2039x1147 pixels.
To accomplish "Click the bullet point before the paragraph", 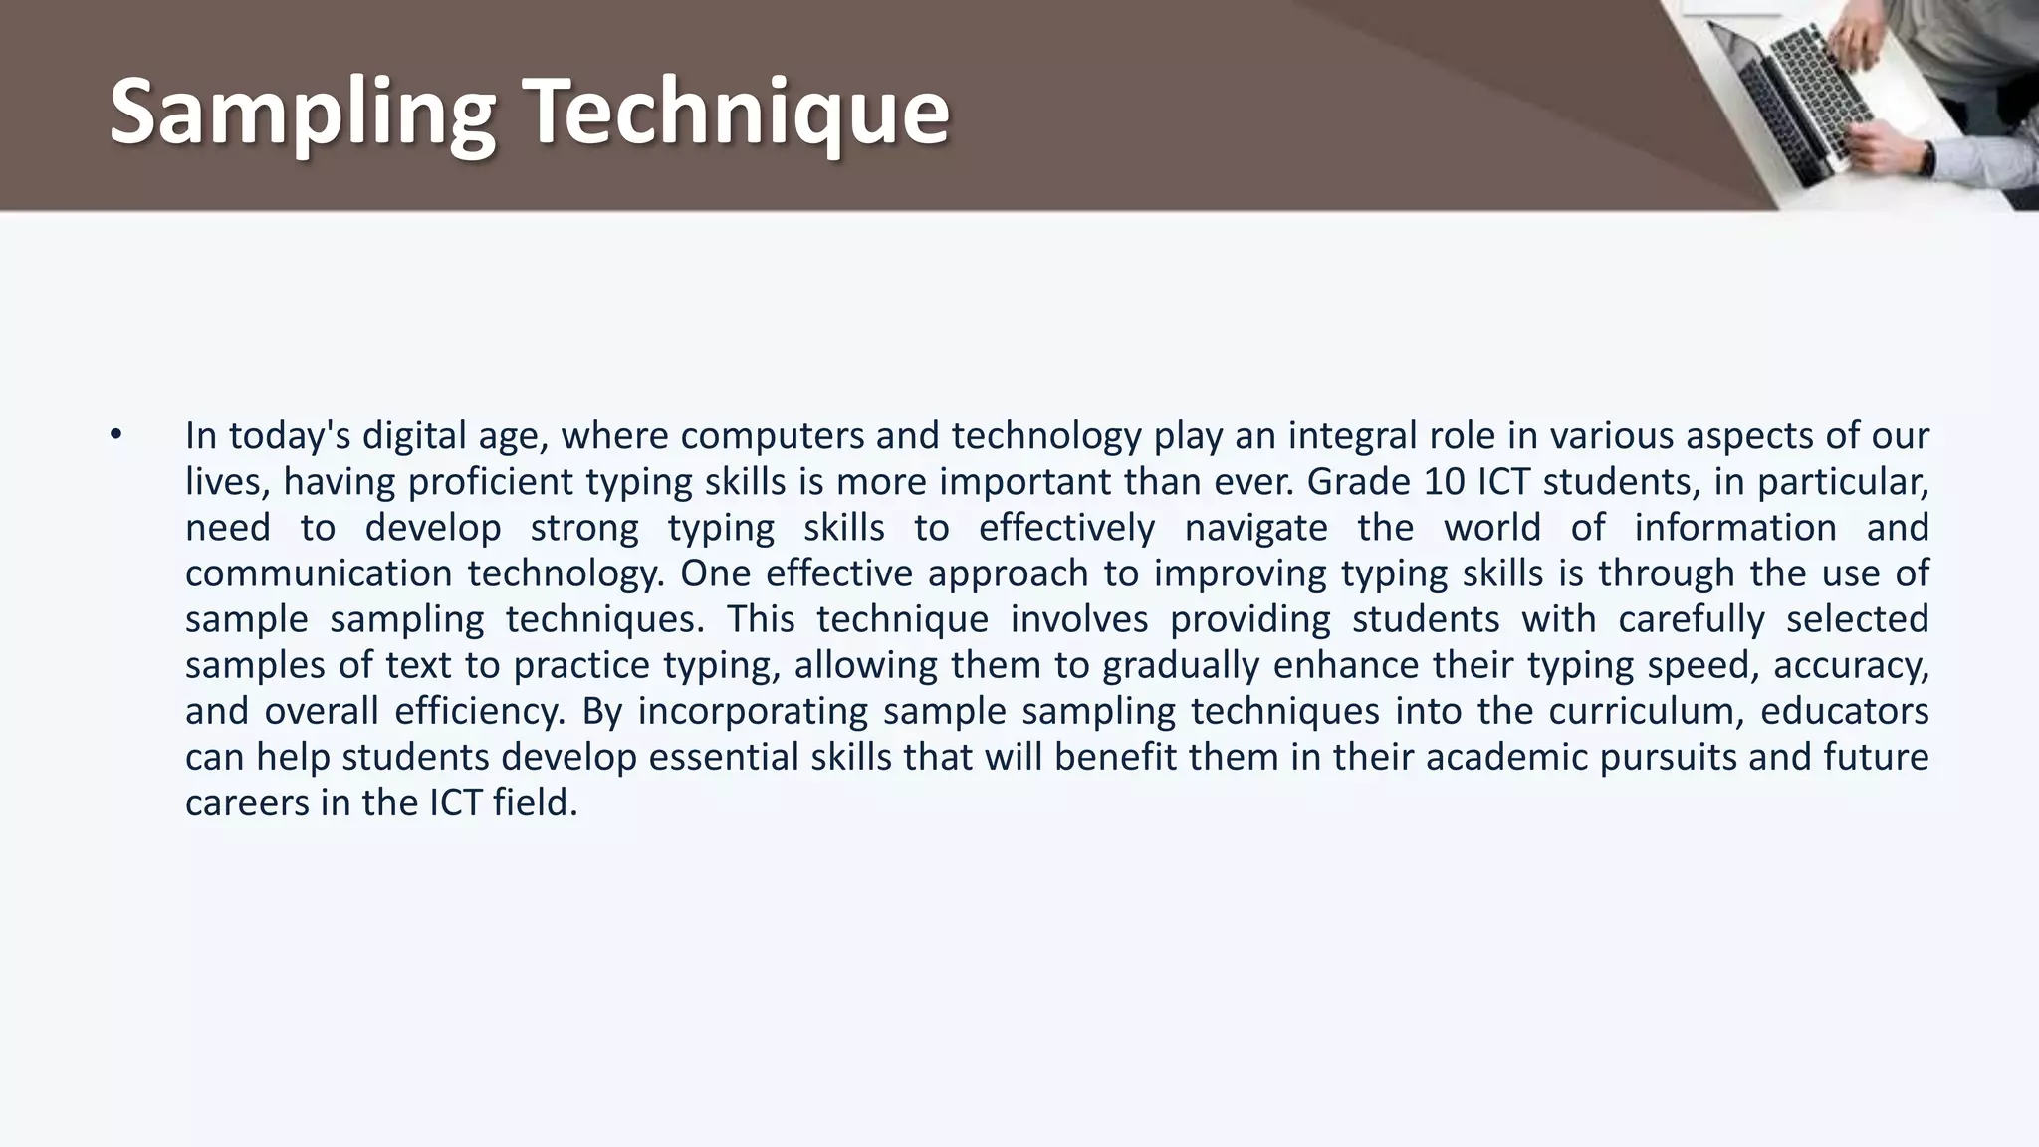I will coord(116,434).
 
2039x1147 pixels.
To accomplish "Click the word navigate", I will coord(1255,528).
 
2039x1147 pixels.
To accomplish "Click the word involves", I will coord(1078,619).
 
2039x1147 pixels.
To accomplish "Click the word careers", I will coord(247,803).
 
